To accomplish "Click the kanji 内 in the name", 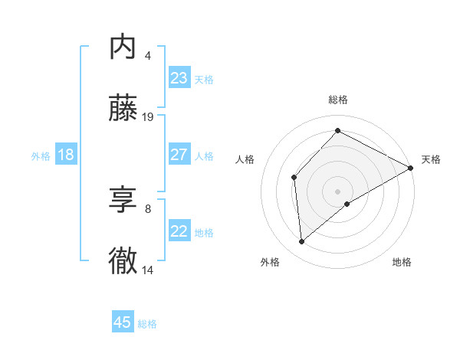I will coord(123,47).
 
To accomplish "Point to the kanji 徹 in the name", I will coord(123,261).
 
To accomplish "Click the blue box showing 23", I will coord(179,78).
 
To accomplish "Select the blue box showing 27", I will coord(179,155).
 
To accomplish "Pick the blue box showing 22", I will coord(179,231).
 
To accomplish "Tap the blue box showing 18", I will coord(65,155).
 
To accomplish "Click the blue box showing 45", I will coord(123,322).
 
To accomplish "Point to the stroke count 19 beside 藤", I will coord(148,117).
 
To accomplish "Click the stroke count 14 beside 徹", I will coord(148,270).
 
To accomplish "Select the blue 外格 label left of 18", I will coord(41,155).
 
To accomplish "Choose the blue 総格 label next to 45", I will coord(147,324).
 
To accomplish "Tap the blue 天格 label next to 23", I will coord(204,80).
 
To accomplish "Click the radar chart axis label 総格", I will coord(338,100).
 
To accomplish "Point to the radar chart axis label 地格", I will coord(402,262).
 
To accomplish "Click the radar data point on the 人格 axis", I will coord(294,177).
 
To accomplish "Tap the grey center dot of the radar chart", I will coord(337,191).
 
